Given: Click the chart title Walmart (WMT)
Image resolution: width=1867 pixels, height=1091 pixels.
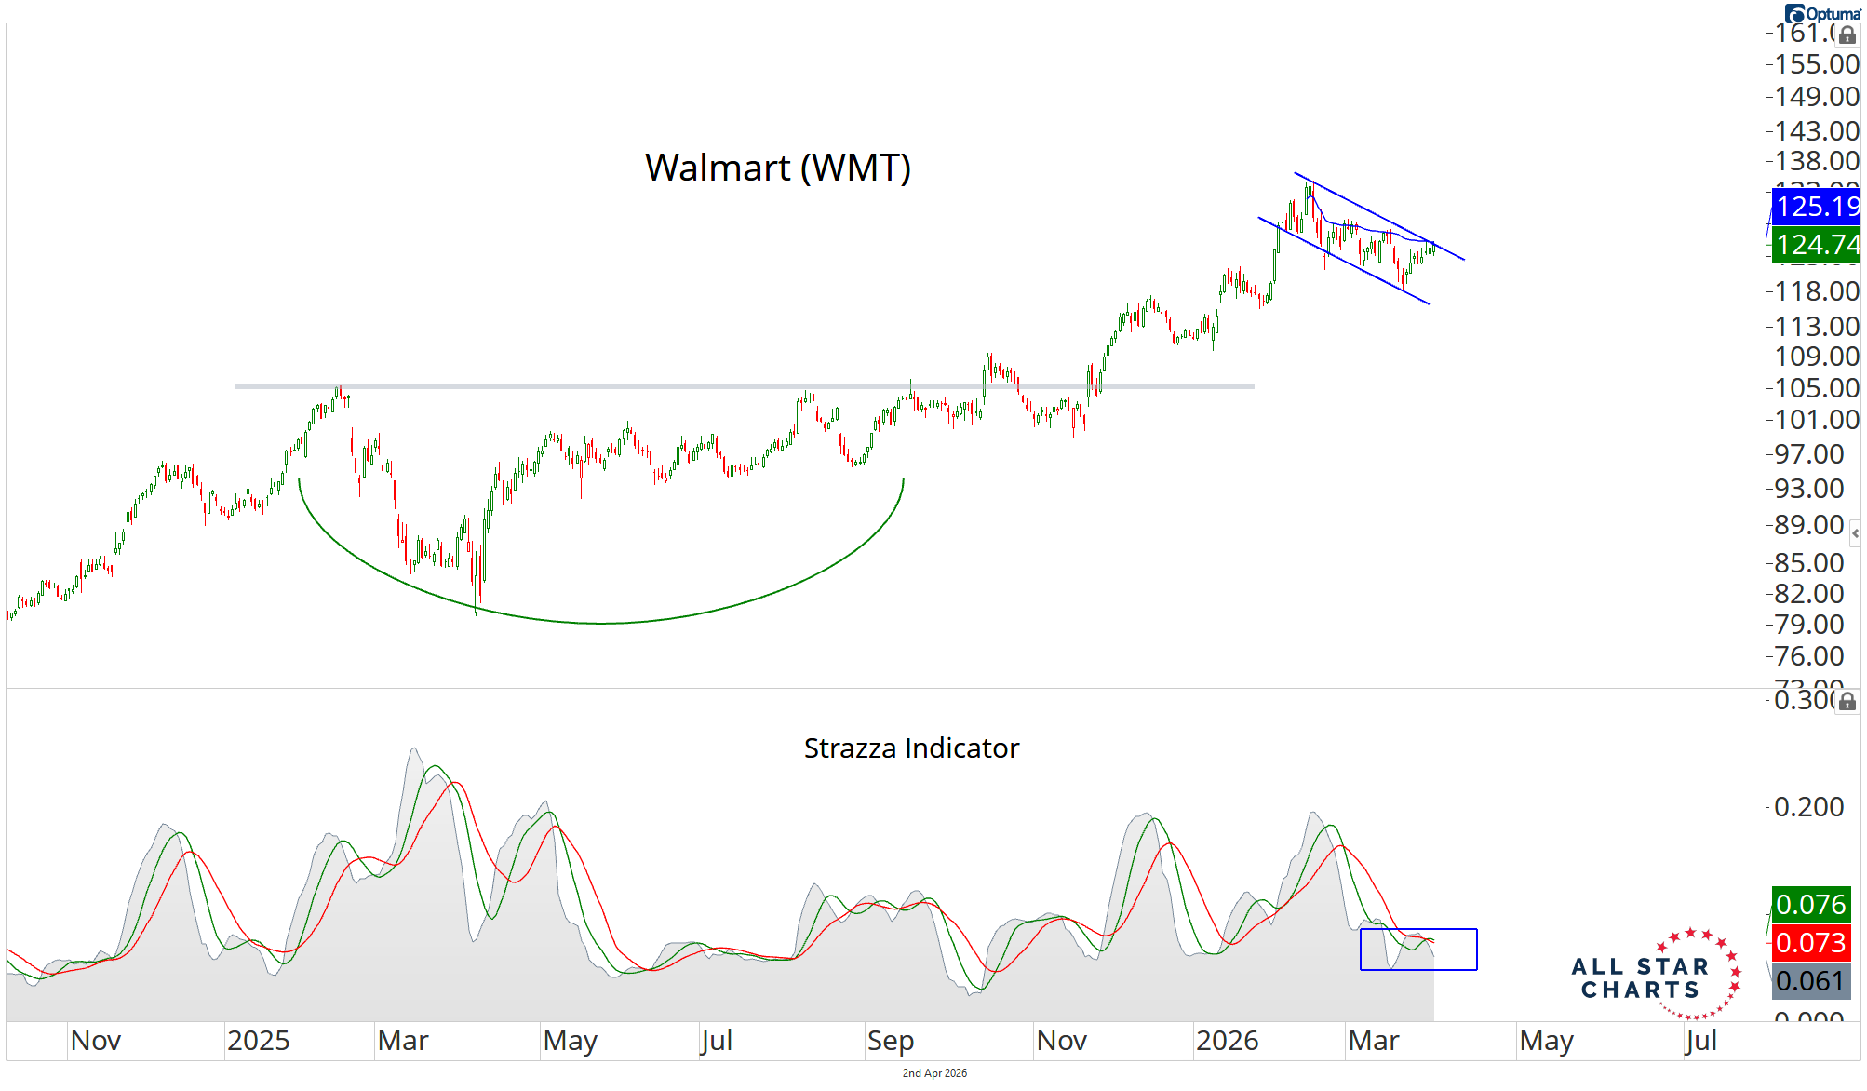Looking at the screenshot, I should coord(777,168).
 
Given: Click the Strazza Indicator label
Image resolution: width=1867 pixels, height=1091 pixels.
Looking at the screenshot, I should coord(911,748).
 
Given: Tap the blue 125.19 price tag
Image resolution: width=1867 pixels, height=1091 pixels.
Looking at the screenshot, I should coord(1816,206).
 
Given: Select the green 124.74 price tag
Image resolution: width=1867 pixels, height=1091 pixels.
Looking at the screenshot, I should coord(1816,245).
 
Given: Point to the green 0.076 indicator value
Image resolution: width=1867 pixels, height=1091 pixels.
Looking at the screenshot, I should coord(1810,904).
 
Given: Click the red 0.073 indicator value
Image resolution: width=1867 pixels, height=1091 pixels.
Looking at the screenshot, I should coord(1810,942).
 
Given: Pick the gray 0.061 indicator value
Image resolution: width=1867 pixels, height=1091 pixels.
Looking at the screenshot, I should coord(1810,980).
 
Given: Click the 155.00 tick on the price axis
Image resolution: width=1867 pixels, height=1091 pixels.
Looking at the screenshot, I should coord(1816,64).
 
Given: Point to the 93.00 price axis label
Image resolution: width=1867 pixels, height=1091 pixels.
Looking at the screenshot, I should coord(1808,489).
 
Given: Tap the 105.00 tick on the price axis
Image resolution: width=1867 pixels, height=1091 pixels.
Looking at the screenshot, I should coord(1816,388).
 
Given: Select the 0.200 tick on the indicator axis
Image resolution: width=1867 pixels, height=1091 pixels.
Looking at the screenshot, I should coord(1808,806).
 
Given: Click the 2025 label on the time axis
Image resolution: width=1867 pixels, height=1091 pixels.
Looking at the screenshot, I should coord(258,1041).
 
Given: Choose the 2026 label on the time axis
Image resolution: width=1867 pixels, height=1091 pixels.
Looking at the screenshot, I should coord(1227,1041).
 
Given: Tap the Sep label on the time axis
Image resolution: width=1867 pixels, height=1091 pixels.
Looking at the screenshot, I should coord(890,1041).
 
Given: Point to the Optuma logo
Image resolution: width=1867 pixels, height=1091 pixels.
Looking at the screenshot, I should coord(1822,13).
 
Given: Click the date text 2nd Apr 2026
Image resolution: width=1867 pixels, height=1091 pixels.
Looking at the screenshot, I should coord(934,1073).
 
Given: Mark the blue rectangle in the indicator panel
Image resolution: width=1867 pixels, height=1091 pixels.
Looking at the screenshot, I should coord(1418,949).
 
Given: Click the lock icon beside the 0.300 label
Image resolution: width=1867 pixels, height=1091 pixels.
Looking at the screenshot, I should coord(1847,701).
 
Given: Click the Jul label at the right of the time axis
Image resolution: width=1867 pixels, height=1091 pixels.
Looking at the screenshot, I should coord(1700,1041).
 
